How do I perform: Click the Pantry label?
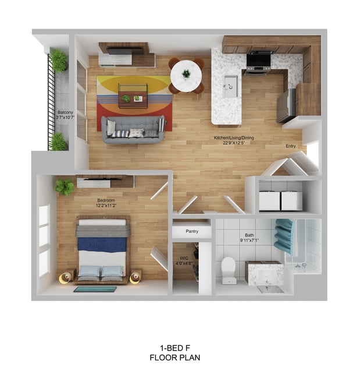192,231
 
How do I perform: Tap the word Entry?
291,146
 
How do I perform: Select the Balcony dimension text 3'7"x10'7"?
65,118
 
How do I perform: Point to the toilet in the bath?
229,270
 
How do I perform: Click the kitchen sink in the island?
230,86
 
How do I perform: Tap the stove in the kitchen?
259,62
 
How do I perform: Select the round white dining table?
186,76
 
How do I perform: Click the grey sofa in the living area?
133,130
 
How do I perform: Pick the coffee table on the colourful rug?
133,96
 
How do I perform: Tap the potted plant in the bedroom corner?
65,186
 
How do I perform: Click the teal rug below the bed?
95,289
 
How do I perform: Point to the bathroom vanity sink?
265,273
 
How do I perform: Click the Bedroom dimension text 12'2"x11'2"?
106,206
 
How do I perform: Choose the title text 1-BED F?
175,348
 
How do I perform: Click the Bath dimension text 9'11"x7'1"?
249,240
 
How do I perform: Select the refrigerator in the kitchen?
286,105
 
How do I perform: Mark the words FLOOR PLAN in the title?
175,358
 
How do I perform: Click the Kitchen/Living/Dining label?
234,137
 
